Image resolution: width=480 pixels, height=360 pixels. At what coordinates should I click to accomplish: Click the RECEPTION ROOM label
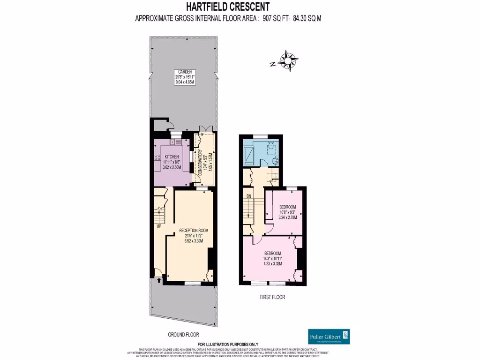[194, 230]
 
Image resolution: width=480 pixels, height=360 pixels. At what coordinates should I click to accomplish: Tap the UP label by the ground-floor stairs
[159, 226]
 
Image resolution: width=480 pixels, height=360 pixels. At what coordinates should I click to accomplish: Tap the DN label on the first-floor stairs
[249, 196]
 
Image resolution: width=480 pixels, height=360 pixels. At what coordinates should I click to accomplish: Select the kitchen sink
[179, 141]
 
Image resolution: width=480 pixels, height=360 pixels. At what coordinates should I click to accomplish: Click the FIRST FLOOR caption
[272, 297]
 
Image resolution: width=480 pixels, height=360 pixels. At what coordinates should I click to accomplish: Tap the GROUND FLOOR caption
[183, 335]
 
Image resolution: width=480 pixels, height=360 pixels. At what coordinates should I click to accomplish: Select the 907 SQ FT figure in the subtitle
[279, 19]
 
